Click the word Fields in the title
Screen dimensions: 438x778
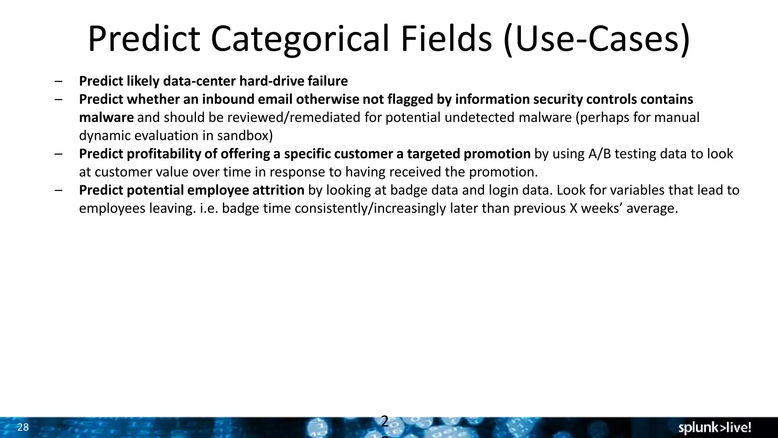tap(446, 39)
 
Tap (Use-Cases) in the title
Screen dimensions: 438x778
tap(596, 39)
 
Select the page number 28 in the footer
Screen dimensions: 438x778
tap(23, 427)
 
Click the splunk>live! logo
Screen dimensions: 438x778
tap(715, 428)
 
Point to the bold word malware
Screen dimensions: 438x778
tap(106, 117)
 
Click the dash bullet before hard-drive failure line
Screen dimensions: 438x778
tap(59, 81)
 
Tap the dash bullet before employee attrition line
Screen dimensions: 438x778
tap(59, 190)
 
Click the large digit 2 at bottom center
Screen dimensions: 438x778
tap(384, 421)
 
